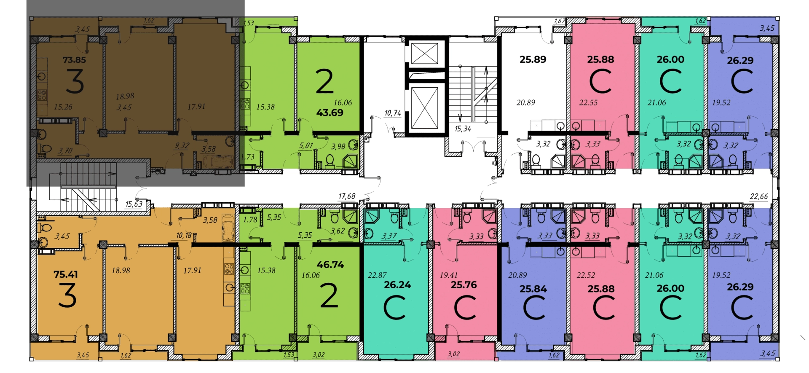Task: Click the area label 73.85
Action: pos(74,60)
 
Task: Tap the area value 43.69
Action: pos(330,113)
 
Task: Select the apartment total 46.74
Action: pos(330,265)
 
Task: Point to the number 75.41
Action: pos(66,274)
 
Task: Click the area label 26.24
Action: pos(397,285)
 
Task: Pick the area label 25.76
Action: pos(464,285)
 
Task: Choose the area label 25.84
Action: pos(533,289)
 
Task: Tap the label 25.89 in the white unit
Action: pos(533,59)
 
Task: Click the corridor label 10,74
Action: pos(393,113)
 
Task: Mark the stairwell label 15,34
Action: pos(463,129)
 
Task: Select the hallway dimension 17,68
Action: pos(347,196)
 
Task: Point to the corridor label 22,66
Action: pos(759,196)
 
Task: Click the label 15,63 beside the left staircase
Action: pos(134,204)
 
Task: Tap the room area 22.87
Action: pos(377,275)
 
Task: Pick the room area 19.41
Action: pos(448,275)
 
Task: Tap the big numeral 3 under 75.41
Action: pos(67,295)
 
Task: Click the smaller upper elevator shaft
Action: pos(424,54)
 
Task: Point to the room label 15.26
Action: pos(63,107)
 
